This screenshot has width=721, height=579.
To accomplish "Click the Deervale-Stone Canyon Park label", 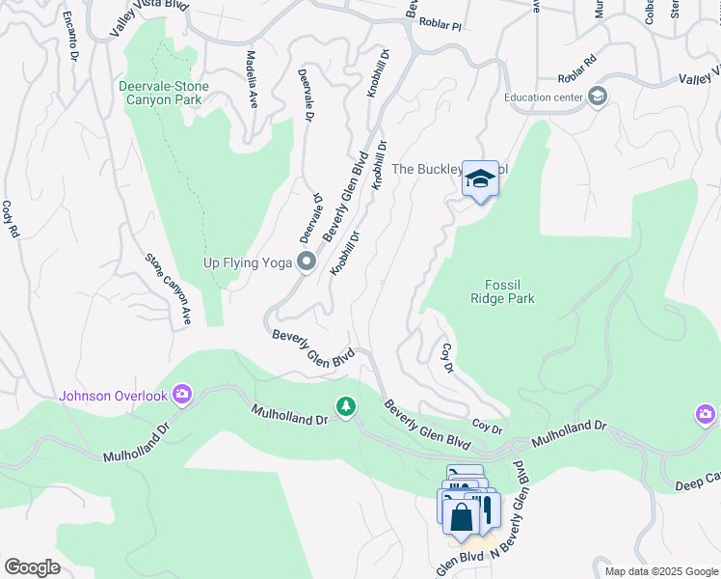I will coord(163,93).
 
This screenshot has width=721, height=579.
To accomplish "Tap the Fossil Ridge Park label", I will coord(502,291).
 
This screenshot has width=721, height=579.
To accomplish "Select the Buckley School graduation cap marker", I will coord(480,179).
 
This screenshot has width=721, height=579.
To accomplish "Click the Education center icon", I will coord(598,96).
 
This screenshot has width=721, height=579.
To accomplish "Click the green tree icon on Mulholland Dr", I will coord(345,407).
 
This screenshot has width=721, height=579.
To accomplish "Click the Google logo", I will coord(33,566).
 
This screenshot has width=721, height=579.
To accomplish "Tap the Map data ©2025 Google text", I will coord(660,571).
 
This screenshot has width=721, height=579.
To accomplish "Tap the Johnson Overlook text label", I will coord(114,396).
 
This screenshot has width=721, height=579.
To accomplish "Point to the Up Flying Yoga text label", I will coord(248,262).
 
